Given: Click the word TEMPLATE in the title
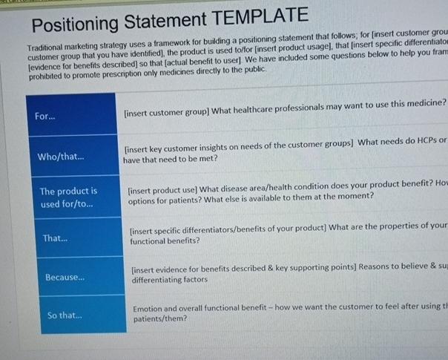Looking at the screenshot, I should (x=256, y=16).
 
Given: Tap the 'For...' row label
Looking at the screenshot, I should (x=45, y=117).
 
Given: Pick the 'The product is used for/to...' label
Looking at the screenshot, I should (x=68, y=197).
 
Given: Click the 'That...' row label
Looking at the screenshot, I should (x=55, y=238).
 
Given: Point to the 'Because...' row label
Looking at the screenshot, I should (x=65, y=278).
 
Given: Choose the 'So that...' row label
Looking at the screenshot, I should (x=64, y=315).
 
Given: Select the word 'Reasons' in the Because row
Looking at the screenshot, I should (x=378, y=267).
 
